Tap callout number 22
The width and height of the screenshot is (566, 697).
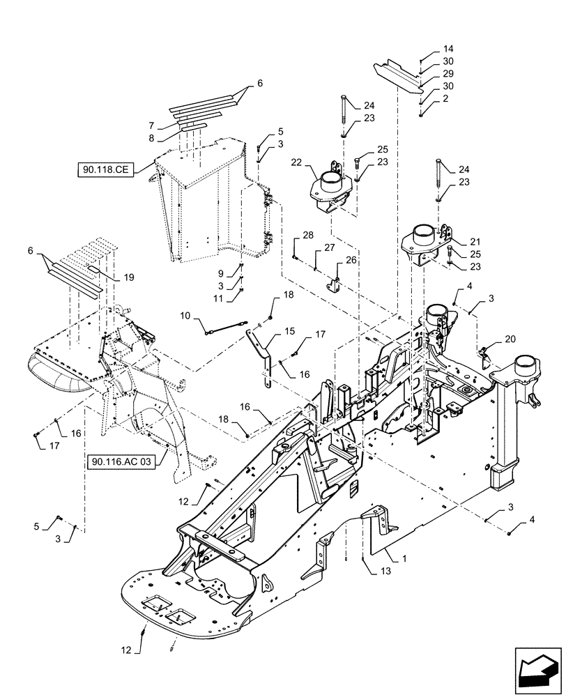tap(297, 163)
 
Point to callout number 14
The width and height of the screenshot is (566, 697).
tap(448, 49)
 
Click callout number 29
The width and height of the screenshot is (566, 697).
tap(448, 74)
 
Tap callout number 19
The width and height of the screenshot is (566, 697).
tap(128, 277)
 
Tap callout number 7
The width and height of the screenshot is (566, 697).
tap(151, 125)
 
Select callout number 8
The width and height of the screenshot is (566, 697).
tap(151, 138)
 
